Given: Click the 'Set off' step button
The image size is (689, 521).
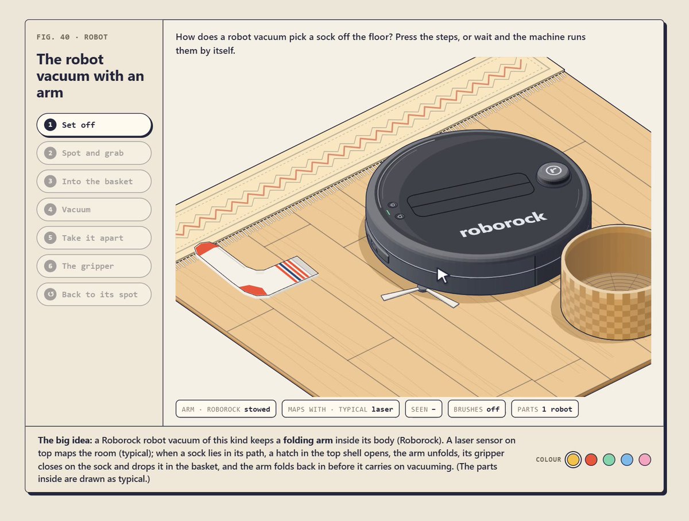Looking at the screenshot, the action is coord(94,125).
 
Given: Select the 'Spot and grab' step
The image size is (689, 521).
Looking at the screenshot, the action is coord(94,153).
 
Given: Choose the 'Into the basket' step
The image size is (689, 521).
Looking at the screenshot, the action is coord(94,181).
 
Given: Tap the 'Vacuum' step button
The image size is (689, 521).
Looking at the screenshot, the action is coord(94,210).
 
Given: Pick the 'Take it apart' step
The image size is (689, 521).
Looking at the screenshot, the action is coord(94,238).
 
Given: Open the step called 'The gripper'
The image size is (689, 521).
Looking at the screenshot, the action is coord(94,266).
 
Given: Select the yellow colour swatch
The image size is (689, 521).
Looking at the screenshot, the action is coord(573,460).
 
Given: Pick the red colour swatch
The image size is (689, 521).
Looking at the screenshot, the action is coord(591,460).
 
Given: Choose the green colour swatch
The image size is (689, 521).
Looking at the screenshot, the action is coord(609,460).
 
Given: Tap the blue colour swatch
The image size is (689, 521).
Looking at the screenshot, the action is coord(627,460).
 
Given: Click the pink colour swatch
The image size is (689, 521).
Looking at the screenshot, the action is coord(645,460).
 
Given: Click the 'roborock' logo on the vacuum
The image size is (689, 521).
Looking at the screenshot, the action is coord(503,224).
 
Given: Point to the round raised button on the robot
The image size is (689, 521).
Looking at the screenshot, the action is coord(553,173).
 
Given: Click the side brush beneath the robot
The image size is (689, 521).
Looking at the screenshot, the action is coord(420,296).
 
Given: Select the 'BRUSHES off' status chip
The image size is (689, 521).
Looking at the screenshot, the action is coord(477,409).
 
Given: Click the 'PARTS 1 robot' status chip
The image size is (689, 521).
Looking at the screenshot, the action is coord(545,409).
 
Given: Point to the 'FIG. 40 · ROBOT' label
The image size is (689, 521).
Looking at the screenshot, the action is coord(72,37).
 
